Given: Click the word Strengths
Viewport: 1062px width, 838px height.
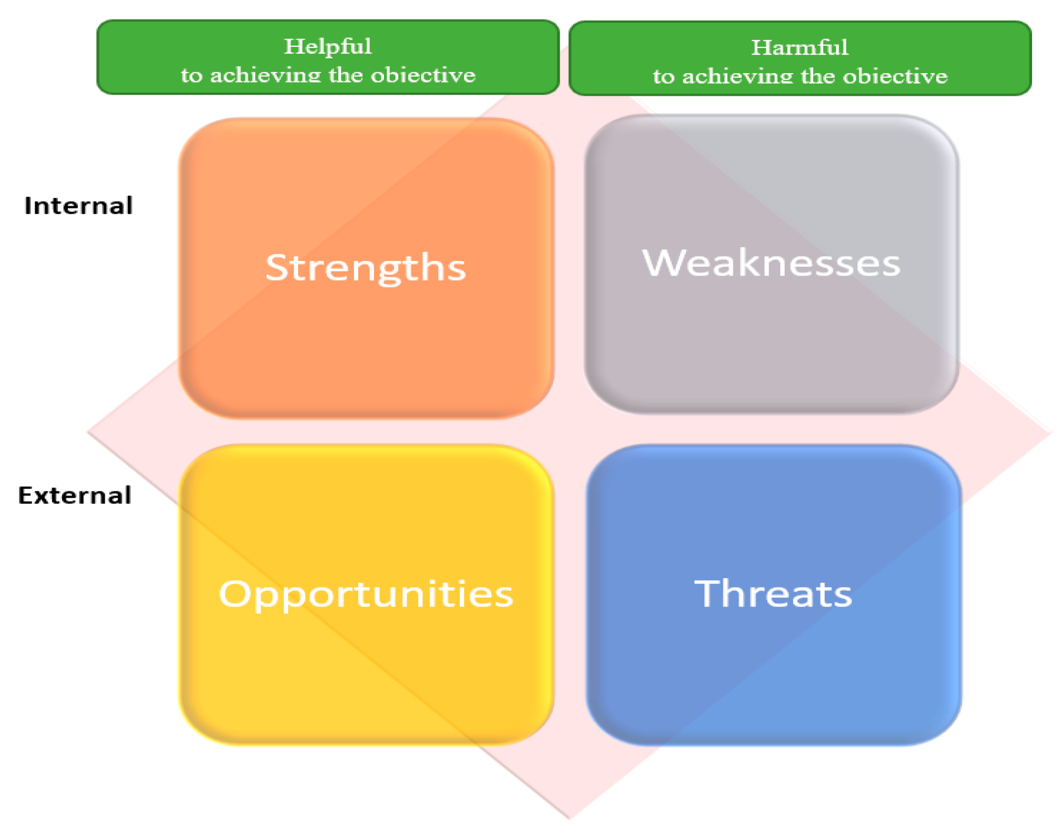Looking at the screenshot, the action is pos(366,268).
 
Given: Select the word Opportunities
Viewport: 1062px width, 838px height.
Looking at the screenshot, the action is pos(366,594).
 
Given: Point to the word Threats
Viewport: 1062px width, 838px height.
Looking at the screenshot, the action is pos(773,593).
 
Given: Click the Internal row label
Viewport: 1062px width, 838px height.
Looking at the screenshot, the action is pos(78,205).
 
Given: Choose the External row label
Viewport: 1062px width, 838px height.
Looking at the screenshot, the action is pos(75,495).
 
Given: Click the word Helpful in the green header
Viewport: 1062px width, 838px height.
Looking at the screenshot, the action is pos(328,46).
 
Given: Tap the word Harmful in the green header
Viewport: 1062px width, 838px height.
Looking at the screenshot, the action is pos(800,47).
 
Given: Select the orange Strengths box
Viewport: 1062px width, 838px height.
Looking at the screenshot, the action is pos(366,268).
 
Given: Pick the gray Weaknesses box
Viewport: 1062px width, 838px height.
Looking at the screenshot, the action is pos(772,264).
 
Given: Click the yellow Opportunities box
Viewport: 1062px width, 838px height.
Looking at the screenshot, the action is pos(366,595).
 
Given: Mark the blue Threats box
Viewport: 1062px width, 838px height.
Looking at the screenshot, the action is pos(774,595).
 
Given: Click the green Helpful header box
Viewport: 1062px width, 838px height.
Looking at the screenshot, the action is pos(328,57).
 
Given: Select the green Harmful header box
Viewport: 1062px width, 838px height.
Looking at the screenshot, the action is pos(800,58).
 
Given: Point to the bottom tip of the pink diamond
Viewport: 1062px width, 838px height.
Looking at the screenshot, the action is pos(569,819).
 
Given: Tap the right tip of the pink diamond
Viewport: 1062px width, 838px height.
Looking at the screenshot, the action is pos(1051,432).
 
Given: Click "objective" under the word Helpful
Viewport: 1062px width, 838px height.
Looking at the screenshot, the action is pos(423,75).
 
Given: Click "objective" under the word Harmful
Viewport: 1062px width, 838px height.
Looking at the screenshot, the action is pos(895,77).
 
